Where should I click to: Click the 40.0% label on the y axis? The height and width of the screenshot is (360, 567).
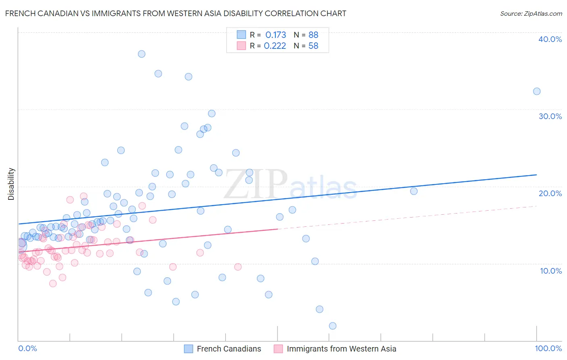coord(550,39)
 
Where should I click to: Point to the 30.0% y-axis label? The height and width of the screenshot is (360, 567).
coord(550,116)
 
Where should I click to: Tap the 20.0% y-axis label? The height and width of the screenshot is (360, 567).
coord(550,193)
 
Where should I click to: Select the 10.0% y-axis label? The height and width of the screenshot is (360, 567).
coord(550,271)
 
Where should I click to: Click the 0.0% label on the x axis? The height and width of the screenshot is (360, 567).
coord(27,349)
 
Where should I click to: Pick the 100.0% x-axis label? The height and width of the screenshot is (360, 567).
coord(548,349)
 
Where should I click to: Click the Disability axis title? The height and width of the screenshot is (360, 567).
coord(11,184)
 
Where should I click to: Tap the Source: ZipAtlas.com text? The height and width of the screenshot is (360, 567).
coord(531,14)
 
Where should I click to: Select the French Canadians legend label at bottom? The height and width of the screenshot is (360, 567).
coord(229,349)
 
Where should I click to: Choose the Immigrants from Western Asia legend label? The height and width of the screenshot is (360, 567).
coord(341,349)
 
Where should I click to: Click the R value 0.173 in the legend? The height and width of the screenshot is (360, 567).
coord(275,35)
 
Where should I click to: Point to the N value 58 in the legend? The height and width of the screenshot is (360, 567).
coord(313,46)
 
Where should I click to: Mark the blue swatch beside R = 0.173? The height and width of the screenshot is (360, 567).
coord(241,35)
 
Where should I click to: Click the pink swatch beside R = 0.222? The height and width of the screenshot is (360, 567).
coord(241,46)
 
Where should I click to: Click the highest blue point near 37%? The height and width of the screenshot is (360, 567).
coord(142,54)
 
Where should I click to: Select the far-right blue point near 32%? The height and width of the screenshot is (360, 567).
coord(537,91)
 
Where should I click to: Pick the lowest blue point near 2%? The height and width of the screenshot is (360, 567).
coord(333,326)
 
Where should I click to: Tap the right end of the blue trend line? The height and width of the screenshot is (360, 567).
coord(536,175)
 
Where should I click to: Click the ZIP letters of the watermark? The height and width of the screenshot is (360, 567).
coord(255,184)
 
